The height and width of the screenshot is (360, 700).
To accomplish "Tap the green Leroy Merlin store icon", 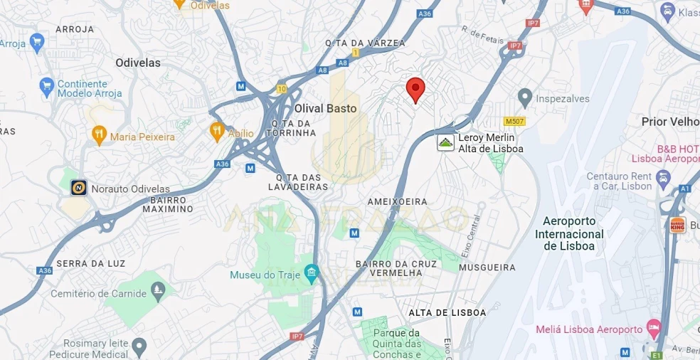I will [x=445, y=143].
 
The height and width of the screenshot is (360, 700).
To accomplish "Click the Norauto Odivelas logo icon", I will [x=79, y=188].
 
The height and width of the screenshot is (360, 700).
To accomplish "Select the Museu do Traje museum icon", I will [x=311, y=273].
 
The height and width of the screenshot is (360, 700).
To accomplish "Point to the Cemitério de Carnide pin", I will [x=158, y=290].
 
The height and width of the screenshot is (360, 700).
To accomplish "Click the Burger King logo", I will [x=678, y=225].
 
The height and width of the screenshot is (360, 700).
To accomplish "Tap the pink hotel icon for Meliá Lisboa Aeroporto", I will [x=653, y=328].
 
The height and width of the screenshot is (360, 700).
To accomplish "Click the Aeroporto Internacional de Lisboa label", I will [x=569, y=233].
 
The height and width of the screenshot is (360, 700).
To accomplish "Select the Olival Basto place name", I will [x=325, y=108].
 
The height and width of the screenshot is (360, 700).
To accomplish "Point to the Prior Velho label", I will [x=669, y=122].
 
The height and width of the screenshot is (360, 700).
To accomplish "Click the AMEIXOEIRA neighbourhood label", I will [x=397, y=201].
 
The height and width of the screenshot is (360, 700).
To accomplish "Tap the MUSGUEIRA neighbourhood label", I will [x=487, y=268].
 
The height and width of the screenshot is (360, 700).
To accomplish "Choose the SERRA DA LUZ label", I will [x=91, y=263].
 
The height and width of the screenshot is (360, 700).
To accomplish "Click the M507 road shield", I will [x=514, y=122].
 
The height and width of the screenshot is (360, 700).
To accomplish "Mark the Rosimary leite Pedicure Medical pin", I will [x=139, y=346].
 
